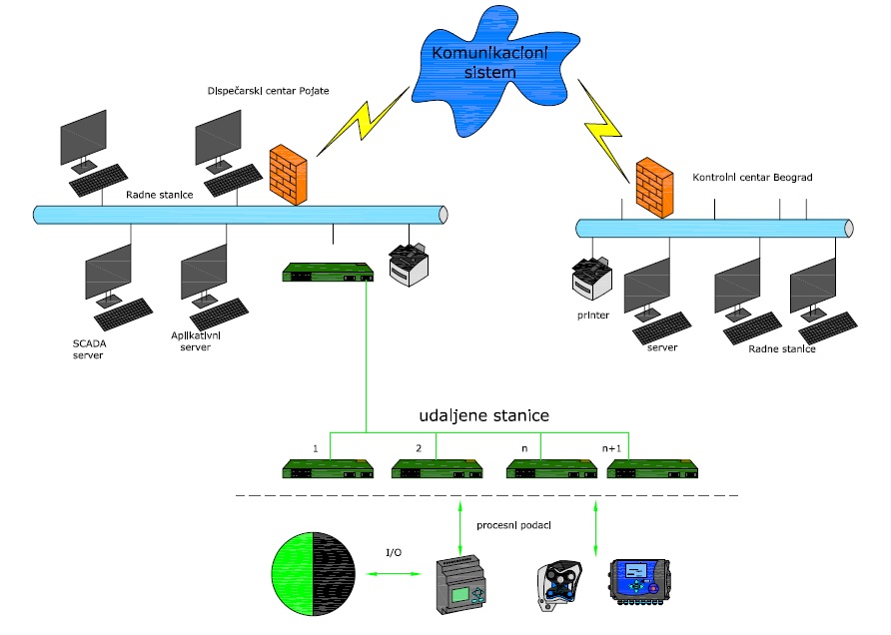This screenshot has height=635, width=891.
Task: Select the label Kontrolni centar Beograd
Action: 752,177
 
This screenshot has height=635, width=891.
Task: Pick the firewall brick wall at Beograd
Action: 653,186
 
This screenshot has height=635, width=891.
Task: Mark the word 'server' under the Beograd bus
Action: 661,347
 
